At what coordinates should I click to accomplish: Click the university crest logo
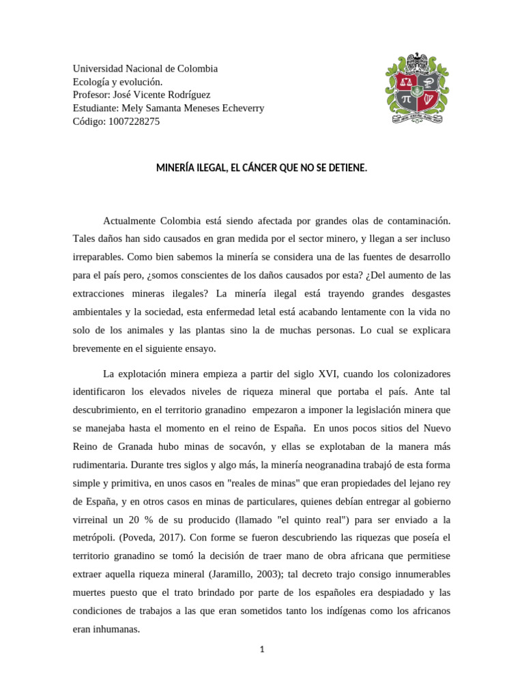(x=418, y=88)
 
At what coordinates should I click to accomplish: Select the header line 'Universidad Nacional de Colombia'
(x=145, y=69)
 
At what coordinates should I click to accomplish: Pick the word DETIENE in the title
(x=345, y=167)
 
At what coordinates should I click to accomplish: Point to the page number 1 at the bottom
(x=261, y=650)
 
